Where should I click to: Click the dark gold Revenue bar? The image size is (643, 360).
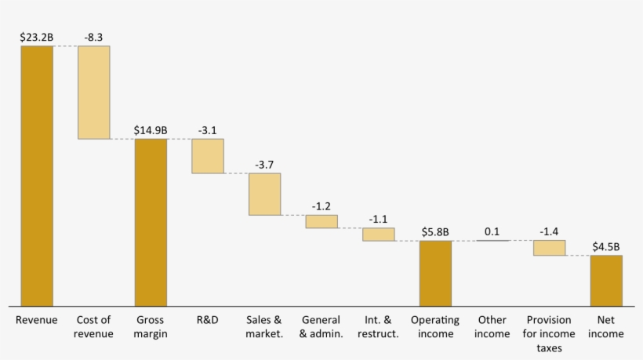(37, 176)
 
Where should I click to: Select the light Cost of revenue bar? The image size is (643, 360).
(94, 93)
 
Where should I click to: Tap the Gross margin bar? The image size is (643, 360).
(151, 222)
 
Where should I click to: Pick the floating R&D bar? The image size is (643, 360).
(208, 156)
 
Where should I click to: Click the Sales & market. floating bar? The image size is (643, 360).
(264, 194)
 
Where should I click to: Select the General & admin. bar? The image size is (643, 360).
(321, 221)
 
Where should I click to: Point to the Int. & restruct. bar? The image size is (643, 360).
(378, 234)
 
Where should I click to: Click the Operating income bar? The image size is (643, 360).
(435, 273)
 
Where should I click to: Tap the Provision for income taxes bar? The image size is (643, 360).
(549, 248)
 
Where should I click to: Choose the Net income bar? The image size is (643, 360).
(606, 280)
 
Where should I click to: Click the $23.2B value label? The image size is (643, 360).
(37, 36)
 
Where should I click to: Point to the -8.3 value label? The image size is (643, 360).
(94, 36)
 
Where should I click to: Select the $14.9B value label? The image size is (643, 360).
(151, 129)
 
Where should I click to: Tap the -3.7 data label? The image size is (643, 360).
(264, 164)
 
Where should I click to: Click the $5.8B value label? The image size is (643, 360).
(435, 231)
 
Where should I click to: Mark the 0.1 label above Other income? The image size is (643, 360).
(492, 231)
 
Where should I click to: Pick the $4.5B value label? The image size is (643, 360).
(606, 245)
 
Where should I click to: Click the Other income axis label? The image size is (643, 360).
(492, 326)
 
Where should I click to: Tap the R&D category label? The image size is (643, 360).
(208, 320)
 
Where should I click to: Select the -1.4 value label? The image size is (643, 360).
(549, 231)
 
